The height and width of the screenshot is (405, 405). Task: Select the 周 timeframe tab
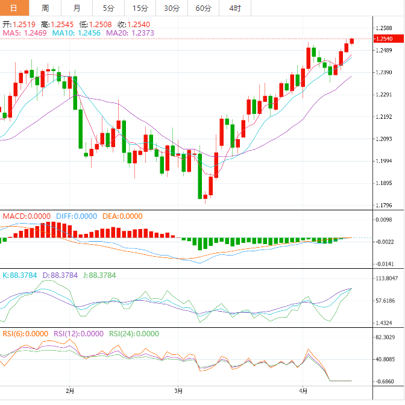point(46,8)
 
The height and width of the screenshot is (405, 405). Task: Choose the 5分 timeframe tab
point(108,8)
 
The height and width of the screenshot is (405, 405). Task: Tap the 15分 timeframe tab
point(140,8)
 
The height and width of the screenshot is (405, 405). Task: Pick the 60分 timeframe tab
point(204,8)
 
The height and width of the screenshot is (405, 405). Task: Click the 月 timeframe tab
point(77,8)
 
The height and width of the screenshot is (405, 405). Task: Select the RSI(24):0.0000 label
point(134,333)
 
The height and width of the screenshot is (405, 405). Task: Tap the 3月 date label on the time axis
point(177,391)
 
